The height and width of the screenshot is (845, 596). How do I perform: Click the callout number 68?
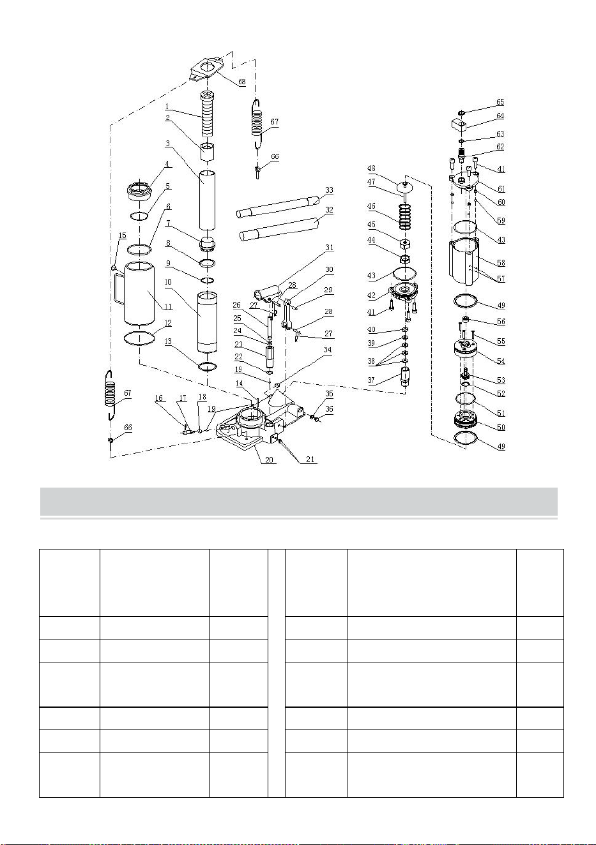(241, 82)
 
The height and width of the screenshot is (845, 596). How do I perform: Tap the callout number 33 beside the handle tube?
(330, 190)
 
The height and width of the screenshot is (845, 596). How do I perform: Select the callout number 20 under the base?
(269, 460)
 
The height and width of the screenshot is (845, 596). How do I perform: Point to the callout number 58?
(501, 262)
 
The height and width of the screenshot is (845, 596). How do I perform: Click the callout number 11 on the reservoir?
(169, 307)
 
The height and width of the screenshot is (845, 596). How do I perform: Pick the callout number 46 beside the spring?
(371, 206)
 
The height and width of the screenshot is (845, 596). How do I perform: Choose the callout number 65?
(500, 102)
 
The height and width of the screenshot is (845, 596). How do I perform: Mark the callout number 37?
(371, 380)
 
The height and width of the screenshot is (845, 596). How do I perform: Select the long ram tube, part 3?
(208, 200)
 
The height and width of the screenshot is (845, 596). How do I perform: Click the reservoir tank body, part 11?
(139, 294)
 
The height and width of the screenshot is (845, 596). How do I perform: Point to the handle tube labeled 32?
(280, 229)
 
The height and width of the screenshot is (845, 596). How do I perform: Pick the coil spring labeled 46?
(405, 216)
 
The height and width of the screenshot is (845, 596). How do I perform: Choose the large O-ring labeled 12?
(139, 337)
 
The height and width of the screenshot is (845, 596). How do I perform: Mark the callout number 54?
(501, 361)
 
